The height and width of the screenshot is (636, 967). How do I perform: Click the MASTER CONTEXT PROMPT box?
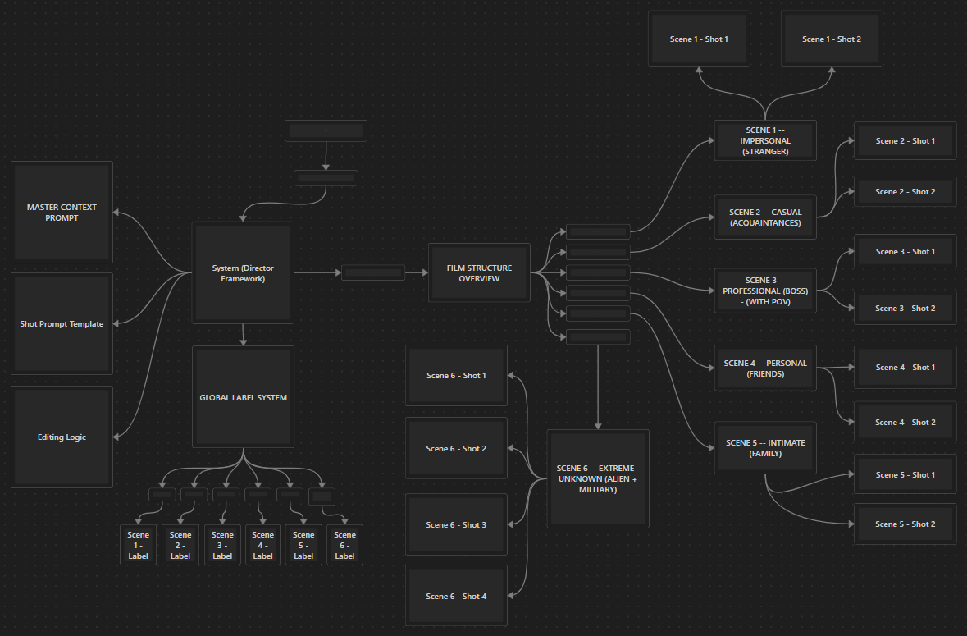coord(62,213)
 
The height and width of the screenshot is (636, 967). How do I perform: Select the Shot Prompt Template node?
coord(62,324)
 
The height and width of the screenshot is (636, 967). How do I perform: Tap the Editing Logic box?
coord(62,437)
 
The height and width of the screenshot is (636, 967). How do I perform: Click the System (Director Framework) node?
coord(243,272)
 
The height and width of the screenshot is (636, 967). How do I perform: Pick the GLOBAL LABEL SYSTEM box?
coord(243,398)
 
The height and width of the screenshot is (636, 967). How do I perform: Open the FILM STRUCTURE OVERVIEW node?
coord(479,272)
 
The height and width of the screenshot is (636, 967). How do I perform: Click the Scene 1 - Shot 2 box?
coord(832,39)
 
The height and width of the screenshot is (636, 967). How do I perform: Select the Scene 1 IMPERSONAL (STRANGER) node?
coord(765,140)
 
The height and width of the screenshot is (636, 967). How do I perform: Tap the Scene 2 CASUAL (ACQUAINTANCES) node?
coord(765,217)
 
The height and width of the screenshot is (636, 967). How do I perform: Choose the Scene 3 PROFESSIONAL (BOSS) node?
coord(765,291)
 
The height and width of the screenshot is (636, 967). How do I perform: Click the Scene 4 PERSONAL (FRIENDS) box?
coord(765,368)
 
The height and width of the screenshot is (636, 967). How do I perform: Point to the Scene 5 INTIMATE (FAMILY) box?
coord(765,448)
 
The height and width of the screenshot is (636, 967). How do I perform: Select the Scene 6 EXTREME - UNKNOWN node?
coord(598,478)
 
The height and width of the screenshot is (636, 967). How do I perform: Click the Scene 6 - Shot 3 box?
coord(456,525)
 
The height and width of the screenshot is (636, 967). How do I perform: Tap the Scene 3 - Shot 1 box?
coord(905,252)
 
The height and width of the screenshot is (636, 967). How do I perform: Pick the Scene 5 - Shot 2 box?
coord(905,524)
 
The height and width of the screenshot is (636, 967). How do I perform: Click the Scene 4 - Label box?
coord(262,545)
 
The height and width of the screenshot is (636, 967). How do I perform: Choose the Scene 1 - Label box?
coord(139,545)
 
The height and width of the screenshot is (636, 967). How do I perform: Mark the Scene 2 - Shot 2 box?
coord(905,192)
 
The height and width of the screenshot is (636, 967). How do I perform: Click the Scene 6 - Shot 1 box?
coord(456,376)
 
